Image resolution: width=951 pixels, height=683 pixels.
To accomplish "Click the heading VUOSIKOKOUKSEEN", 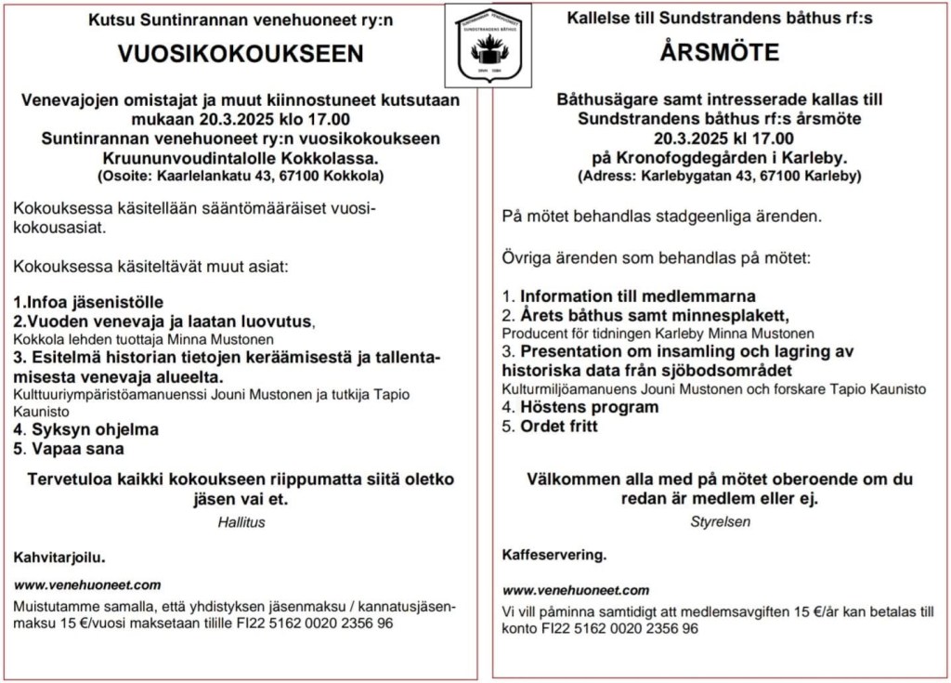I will click(241, 54).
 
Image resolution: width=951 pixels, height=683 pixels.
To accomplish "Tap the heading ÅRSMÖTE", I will click(720, 53).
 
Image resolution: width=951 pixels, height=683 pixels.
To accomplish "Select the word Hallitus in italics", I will click(241, 522).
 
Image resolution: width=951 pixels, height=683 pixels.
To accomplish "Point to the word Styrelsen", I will click(720, 522).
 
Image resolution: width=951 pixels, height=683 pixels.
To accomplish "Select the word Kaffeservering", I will click(554, 555).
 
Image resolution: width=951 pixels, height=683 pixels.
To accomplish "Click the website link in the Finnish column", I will click(87, 584).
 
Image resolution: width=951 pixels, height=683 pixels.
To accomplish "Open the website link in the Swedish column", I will click(576, 590).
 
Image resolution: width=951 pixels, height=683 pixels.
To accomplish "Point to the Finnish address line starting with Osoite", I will click(241, 175).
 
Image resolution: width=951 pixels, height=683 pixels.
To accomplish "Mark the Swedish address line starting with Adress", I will click(720, 175).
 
